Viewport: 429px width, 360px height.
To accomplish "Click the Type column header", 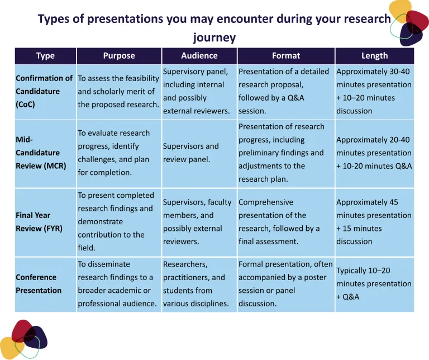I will tap(45, 55).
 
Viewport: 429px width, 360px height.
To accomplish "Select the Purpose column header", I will tap(119, 55).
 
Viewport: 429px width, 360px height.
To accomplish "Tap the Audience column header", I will tap(199, 55).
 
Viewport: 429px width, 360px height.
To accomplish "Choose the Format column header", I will tap(286, 55).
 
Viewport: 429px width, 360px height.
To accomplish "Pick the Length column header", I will tap(374, 55).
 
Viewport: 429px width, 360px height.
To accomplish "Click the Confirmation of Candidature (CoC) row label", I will tap(44, 91).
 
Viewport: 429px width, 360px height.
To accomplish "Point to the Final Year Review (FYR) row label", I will tap(41, 221).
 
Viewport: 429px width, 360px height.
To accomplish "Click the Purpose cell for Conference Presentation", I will tap(118, 283).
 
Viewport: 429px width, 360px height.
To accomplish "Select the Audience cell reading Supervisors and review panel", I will tap(191, 153).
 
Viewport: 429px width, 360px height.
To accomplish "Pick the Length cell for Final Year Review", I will tap(374, 221).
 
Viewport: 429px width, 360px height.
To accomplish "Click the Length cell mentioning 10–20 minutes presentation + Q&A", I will tap(374, 283).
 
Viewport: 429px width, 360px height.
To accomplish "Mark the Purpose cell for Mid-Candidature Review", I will tap(114, 153).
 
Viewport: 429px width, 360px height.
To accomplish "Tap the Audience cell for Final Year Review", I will tap(197, 221).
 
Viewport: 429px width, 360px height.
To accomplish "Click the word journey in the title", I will tap(214, 37).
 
